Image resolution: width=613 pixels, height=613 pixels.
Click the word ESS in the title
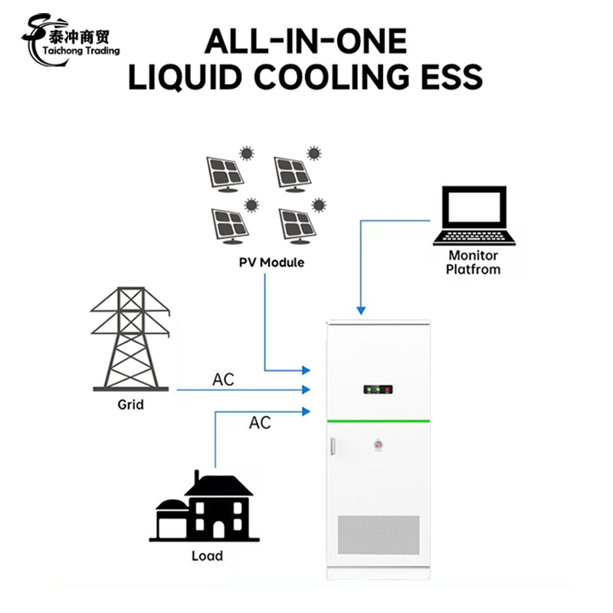tap(446, 77)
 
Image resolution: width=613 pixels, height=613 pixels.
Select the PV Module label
tap(270, 263)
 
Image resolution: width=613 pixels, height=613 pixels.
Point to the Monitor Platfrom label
tap(473, 262)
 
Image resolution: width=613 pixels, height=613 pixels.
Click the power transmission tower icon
tap(130, 339)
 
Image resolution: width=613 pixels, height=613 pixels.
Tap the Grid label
tap(130, 404)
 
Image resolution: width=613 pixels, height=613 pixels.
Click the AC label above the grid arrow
tap(224, 380)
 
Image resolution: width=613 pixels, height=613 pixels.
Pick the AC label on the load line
tap(260, 423)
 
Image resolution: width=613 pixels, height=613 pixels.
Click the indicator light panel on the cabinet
tap(378, 390)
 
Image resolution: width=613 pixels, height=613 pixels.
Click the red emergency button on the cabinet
tap(378, 444)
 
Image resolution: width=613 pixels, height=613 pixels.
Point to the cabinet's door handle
tap(332, 447)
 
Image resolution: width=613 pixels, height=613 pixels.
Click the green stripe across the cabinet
tap(378, 421)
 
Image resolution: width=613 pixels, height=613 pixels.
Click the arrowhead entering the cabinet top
tap(360, 310)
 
